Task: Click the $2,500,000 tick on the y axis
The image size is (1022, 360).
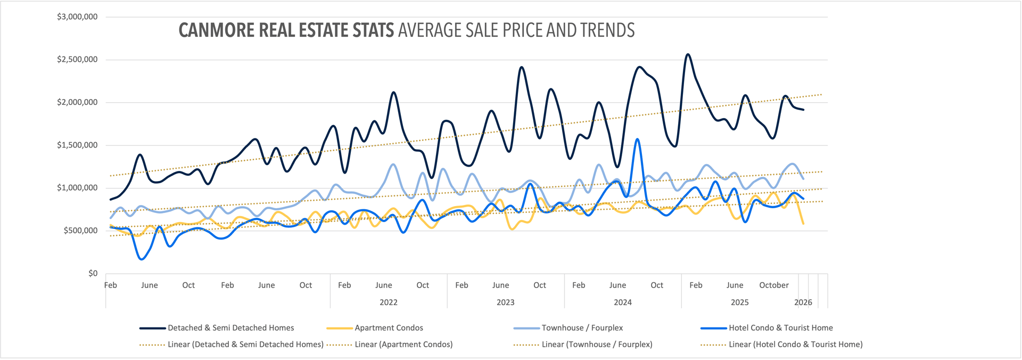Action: (77, 60)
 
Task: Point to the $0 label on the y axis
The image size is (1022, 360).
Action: (93, 274)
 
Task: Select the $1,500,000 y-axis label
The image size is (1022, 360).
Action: (77, 145)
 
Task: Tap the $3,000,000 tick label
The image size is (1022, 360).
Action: (77, 17)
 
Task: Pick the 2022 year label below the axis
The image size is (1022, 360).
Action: (388, 302)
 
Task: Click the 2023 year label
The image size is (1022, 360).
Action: (505, 302)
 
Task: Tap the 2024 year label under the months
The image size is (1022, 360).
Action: (622, 302)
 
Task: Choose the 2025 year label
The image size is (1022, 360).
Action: (739, 302)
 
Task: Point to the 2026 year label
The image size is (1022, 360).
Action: (803, 302)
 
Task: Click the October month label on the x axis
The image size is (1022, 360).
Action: (773, 285)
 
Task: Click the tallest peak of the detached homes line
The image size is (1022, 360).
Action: (688, 54)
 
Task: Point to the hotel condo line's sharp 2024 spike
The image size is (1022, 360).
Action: (637, 140)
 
